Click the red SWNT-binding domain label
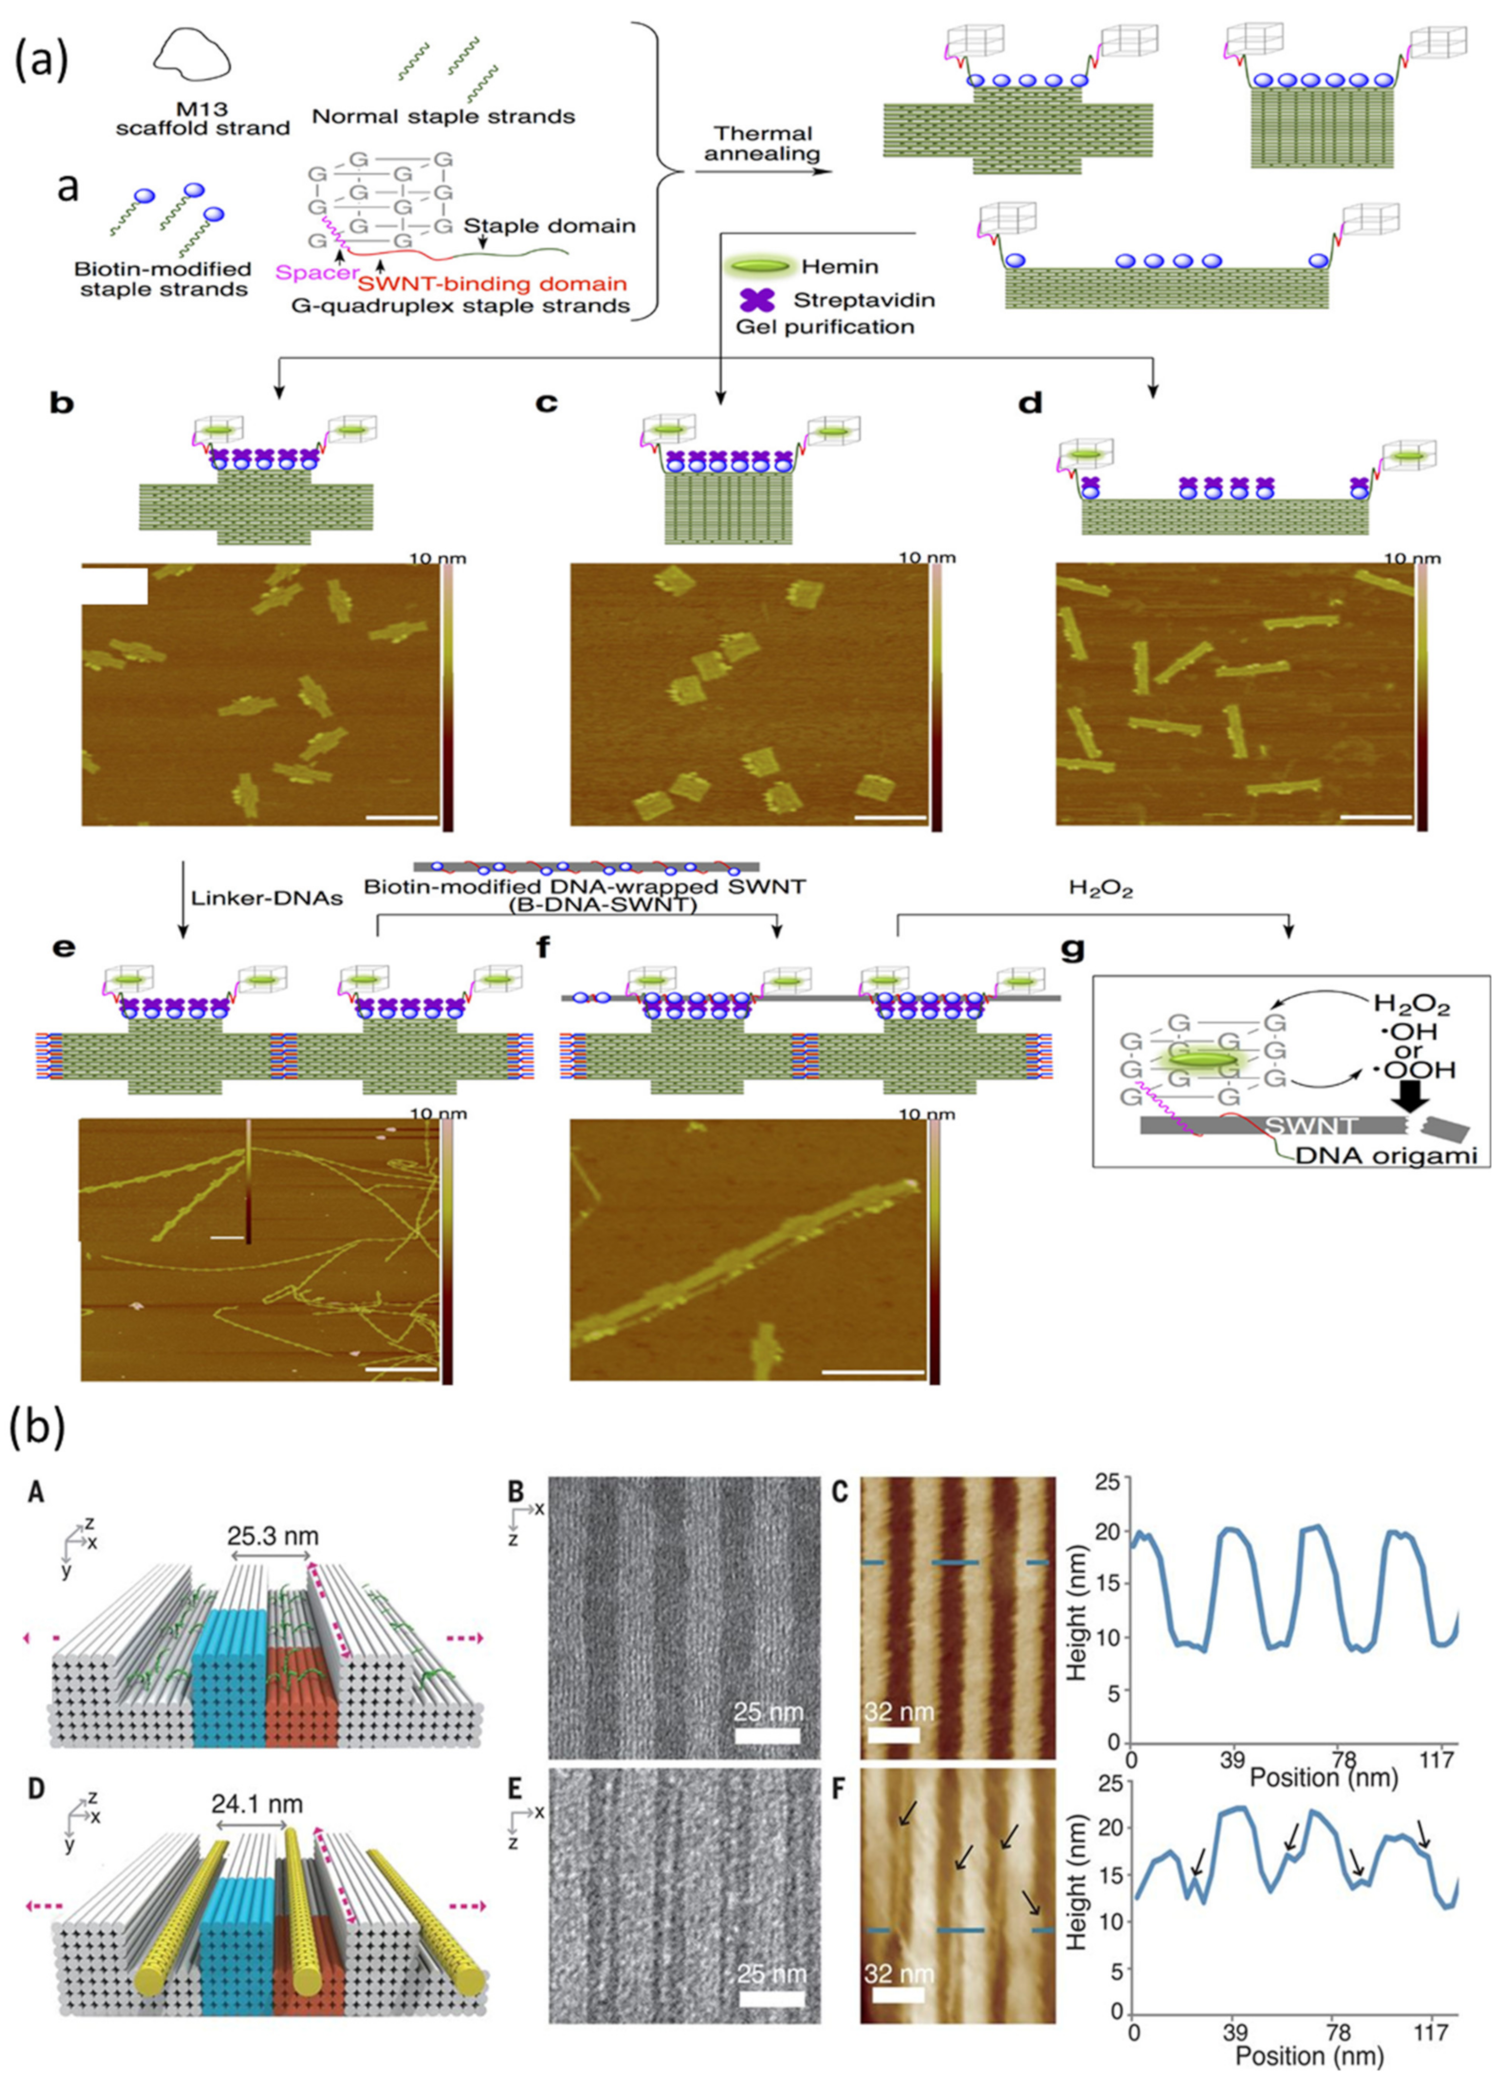pyautogui.click(x=492, y=284)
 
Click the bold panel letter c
pyautogui.click(x=546, y=403)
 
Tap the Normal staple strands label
pyautogui.click(x=443, y=117)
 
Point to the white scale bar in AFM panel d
pyautogui.click(x=1375, y=814)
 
